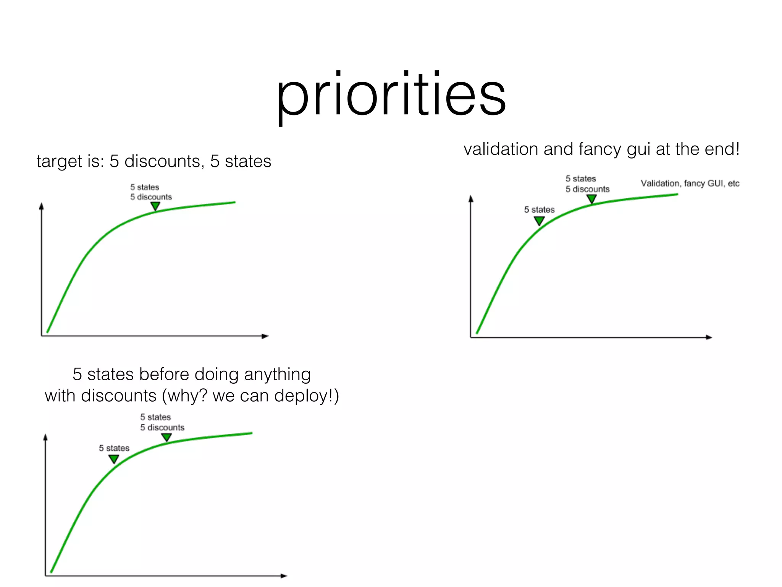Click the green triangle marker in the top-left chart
[155, 206]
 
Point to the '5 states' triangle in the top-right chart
[539, 221]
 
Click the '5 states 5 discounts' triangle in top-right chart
[591, 199]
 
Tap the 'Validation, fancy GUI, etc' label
[690, 183]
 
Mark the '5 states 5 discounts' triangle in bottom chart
[166, 437]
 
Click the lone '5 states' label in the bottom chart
[114, 448]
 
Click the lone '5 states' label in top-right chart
[539, 209]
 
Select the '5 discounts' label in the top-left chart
[151, 197]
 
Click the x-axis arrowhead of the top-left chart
[265, 336]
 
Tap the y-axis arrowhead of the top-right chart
[471, 199]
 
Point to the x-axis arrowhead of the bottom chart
[284, 576]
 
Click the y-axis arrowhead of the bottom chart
[45, 437]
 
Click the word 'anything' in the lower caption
[277, 374]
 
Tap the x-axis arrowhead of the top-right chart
[709, 337]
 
